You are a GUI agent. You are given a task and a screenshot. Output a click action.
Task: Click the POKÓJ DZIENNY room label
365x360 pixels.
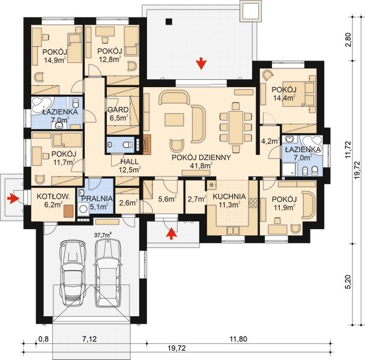[198, 158]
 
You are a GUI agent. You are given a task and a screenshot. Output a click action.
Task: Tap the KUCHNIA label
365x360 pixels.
[228, 196]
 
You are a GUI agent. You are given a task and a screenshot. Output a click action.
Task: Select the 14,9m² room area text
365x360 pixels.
[55, 59]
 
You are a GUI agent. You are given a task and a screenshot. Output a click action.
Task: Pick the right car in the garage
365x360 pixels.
[108, 269]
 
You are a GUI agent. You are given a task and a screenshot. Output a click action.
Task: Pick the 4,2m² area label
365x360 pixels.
[270, 142]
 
